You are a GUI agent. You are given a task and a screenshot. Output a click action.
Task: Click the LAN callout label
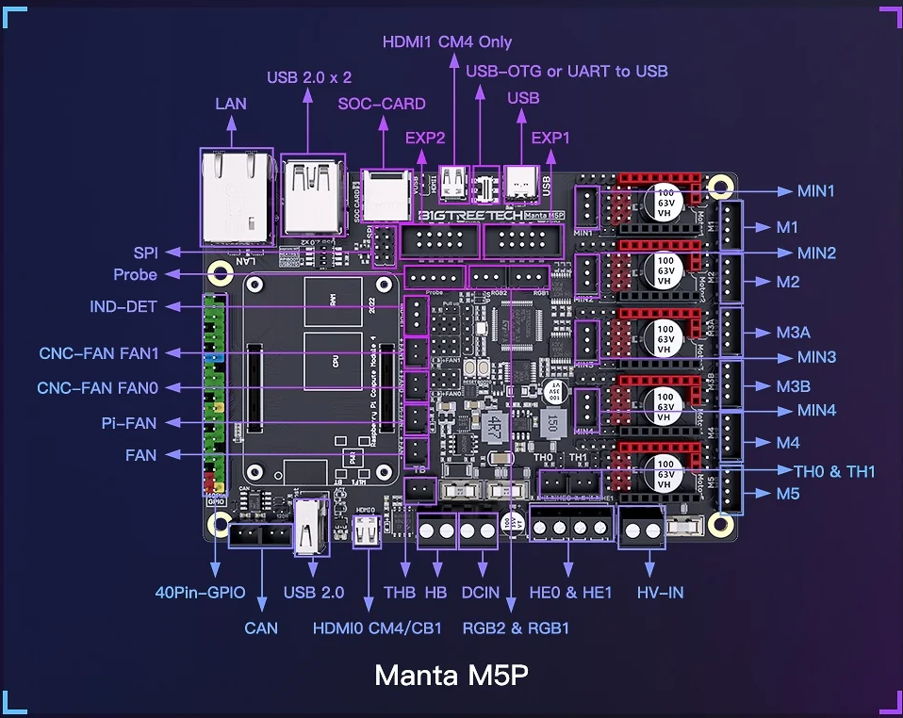pyautogui.click(x=231, y=104)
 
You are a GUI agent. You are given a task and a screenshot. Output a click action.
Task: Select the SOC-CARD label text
pyautogui.click(x=382, y=104)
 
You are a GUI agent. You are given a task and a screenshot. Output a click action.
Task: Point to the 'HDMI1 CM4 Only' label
pyautogui.click(x=447, y=42)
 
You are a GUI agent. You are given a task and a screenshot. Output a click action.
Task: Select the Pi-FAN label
pyautogui.click(x=129, y=423)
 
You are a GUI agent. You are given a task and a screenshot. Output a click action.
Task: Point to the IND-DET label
pyautogui.click(x=123, y=306)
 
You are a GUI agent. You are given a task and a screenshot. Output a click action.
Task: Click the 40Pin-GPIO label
pyautogui.click(x=201, y=593)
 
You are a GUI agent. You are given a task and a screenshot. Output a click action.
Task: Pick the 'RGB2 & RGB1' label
pyautogui.click(x=515, y=628)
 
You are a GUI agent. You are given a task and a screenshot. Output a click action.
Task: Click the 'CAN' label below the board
pyautogui.click(x=261, y=628)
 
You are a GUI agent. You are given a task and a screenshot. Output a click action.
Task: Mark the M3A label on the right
pyautogui.click(x=793, y=333)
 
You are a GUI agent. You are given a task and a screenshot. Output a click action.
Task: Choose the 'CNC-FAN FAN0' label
pyautogui.click(x=98, y=388)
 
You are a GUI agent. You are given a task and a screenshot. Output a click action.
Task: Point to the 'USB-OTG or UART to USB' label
pyautogui.click(x=566, y=71)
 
